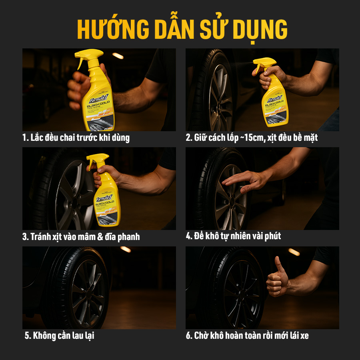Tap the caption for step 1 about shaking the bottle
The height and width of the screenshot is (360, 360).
tap(76, 138)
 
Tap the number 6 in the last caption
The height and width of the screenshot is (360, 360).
tap(188, 335)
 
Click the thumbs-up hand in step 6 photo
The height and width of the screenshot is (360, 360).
tap(278, 276)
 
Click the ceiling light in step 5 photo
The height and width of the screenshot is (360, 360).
tap(126, 249)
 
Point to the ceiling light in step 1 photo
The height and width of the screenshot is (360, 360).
tap(118, 56)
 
